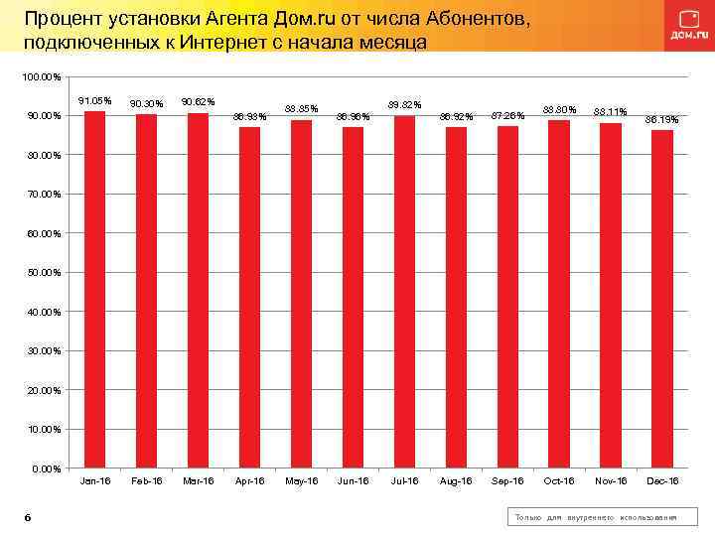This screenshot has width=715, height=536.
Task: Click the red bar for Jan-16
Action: [x=94, y=289]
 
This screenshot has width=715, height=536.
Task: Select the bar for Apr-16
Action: [x=249, y=297]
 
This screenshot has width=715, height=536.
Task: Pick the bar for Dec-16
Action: [x=662, y=299]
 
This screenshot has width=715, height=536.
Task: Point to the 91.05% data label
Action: [x=94, y=101]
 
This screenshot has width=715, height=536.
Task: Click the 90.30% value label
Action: [x=146, y=104]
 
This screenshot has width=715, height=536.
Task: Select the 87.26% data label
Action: [x=507, y=116]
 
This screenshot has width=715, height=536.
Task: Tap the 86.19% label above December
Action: [x=662, y=120]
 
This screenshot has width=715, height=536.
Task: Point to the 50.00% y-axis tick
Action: [x=45, y=273]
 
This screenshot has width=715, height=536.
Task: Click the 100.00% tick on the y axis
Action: [x=43, y=77]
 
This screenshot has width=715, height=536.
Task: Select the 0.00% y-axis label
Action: [x=47, y=469]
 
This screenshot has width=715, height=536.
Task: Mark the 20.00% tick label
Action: [x=45, y=390]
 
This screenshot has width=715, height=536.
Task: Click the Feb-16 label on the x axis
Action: [x=146, y=481]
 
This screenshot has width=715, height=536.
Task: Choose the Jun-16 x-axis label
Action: [x=353, y=481]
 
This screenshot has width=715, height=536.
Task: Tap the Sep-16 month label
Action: [x=507, y=481]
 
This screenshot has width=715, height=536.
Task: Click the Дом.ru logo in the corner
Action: [x=684, y=26]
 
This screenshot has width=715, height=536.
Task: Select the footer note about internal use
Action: [x=595, y=518]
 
